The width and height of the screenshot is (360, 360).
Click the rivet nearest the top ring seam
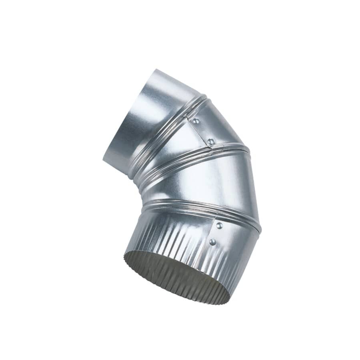click(x=196, y=121)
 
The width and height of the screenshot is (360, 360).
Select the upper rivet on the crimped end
click(x=219, y=226)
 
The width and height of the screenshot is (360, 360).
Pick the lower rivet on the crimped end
click(x=212, y=242)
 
